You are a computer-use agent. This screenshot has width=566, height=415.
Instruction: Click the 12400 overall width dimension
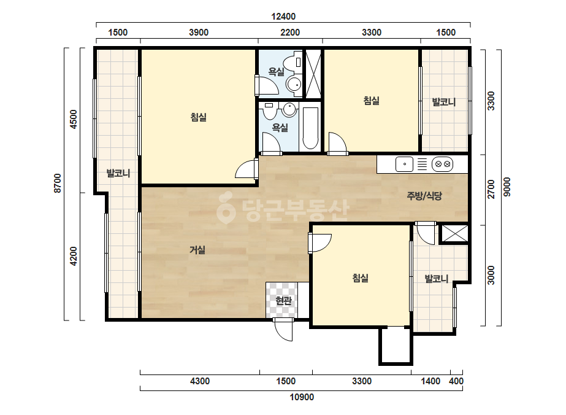[283, 16]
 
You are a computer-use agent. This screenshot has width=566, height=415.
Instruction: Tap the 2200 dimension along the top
[290, 33]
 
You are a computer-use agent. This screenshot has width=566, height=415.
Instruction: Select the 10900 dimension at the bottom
[302, 397]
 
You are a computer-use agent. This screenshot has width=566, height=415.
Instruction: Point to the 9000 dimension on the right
[507, 187]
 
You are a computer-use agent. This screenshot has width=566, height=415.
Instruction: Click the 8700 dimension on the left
[58, 184]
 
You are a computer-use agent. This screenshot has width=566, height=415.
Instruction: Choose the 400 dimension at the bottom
[456, 381]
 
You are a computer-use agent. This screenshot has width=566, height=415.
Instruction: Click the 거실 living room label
[197, 250]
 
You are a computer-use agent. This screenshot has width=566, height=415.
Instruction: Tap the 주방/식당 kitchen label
[424, 196]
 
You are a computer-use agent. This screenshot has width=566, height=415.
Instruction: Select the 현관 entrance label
[283, 300]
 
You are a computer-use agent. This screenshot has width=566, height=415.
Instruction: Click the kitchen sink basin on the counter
[404, 165]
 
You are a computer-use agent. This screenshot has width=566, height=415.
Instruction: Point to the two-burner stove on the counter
[442, 165]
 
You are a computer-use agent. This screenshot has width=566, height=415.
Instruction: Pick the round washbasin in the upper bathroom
[294, 85]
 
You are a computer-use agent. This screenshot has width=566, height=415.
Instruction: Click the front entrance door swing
[283, 330]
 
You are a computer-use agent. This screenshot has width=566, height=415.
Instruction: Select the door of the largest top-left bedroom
[246, 169]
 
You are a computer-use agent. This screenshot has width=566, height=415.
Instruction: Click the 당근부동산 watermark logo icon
[226, 207]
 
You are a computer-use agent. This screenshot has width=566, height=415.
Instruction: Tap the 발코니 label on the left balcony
[118, 173]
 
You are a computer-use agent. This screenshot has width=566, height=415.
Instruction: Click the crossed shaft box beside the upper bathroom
[313, 74]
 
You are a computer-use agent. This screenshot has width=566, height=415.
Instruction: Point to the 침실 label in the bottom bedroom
[360, 278]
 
